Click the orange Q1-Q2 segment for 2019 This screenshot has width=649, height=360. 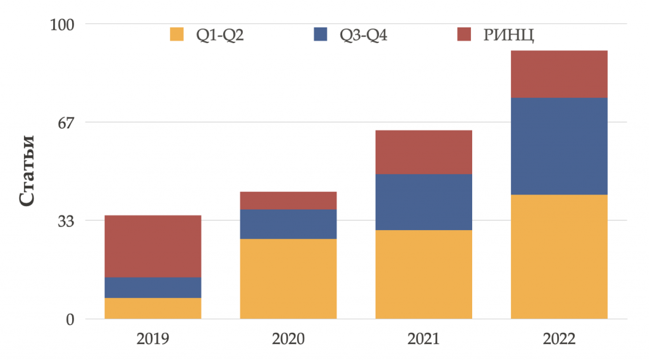point(153,308)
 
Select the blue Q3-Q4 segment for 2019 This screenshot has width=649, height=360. point(153,287)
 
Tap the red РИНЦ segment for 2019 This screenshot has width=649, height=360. point(153,246)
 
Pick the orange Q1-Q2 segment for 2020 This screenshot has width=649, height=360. point(288,278)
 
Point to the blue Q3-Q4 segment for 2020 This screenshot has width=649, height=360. point(288,224)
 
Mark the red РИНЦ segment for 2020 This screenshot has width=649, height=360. point(288,200)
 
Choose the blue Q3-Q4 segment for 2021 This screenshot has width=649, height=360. point(423,202)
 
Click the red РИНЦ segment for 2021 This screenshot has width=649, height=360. point(423,152)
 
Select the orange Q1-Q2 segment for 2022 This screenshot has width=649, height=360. point(559,256)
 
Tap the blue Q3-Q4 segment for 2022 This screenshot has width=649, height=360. point(559,146)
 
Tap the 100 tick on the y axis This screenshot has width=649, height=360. point(62,25)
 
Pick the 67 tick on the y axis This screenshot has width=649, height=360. point(67,122)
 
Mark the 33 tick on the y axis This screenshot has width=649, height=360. point(67,221)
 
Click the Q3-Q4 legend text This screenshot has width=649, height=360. point(363,35)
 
